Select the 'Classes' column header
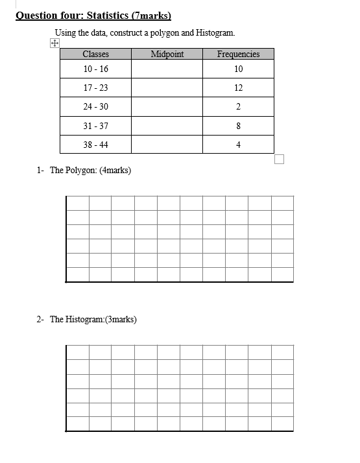tap(95, 54)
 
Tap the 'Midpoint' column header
tap(167, 54)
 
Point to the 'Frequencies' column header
tap(238, 54)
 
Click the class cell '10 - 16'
tap(95, 69)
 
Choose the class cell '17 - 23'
tap(95, 88)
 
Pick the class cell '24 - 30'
tap(95, 107)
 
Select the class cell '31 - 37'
tap(95, 126)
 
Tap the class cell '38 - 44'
tap(95, 145)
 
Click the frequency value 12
tap(238, 88)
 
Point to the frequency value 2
tap(238, 107)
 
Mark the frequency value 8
tap(238, 126)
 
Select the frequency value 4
tap(238, 145)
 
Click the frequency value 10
tap(238, 69)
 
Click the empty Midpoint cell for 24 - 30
tap(167, 107)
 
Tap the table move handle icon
tap(54, 44)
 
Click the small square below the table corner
tap(279, 160)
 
